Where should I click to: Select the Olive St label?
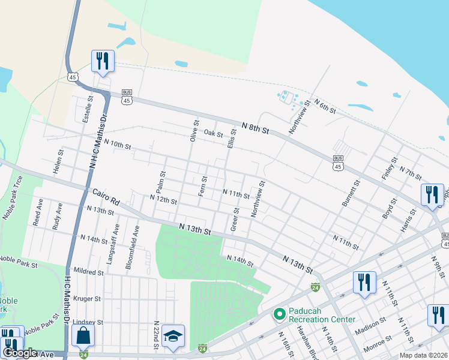coord(194,130)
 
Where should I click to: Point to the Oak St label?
coord(213,133)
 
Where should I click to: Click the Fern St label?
coord(203,186)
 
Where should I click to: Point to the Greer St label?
coord(235,220)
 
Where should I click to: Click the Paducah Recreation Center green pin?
coord(279,314)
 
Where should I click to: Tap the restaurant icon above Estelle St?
coord(103,61)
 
